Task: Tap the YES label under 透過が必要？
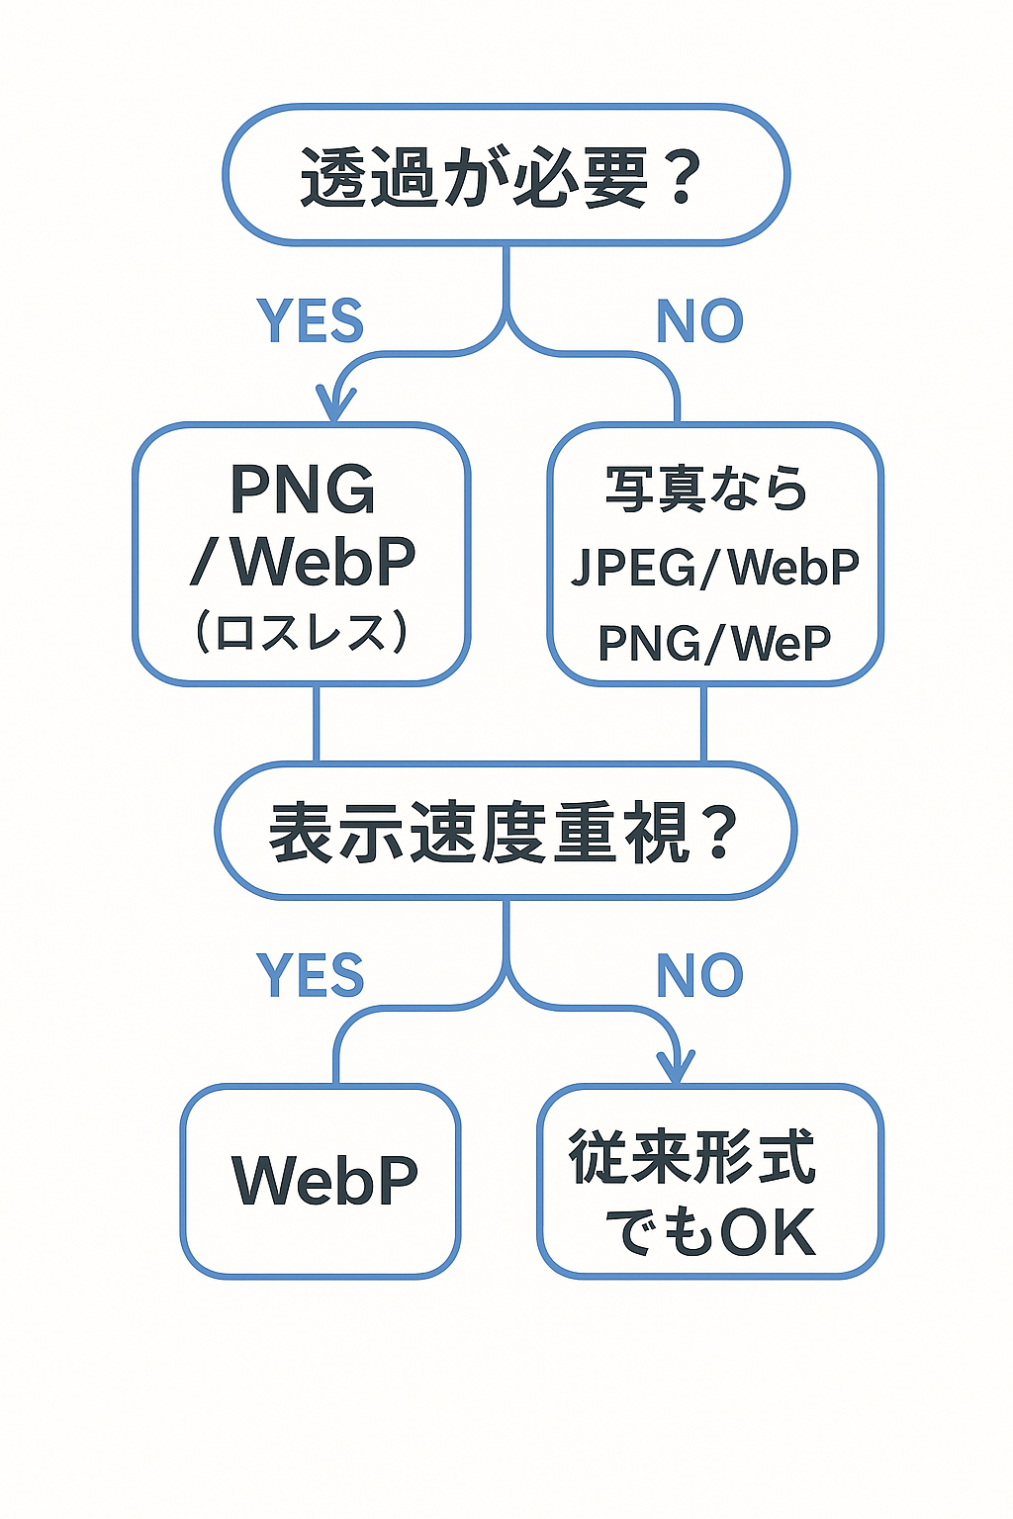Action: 310,321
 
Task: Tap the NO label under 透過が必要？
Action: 699,321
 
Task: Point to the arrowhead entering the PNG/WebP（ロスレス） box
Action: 335,405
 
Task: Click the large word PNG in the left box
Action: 303,489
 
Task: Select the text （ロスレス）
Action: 302,633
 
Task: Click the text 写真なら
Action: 706,489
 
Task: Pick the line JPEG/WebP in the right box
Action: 714,567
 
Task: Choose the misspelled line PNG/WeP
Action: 714,643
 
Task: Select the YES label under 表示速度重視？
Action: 310,975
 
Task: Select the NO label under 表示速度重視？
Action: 699,975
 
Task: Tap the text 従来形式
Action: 691,1156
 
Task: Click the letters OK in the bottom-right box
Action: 768,1232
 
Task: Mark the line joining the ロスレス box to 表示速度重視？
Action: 317,723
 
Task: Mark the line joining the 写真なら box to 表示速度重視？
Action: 703,723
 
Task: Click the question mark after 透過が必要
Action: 682,178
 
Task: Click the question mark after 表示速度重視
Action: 720,833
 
